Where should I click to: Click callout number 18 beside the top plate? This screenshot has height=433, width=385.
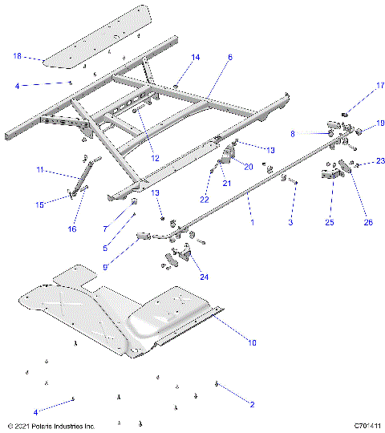click(x=17, y=57)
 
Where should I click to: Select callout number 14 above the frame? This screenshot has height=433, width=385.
click(x=196, y=58)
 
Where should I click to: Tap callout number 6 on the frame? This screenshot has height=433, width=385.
click(x=230, y=58)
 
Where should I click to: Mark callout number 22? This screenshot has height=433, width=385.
click(x=205, y=200)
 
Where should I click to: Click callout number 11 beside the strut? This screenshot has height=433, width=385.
click(x=40, y=169)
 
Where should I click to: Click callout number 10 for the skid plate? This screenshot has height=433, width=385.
click(x=251, y=343)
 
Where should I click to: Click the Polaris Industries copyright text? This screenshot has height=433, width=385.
click(x=50, y=426)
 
